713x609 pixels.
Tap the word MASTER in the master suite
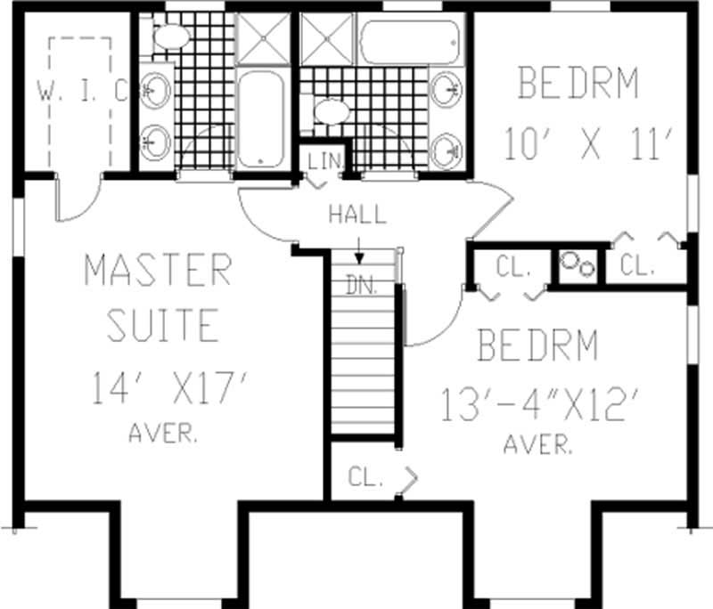pos(158,270)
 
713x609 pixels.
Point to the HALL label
pos(357,215)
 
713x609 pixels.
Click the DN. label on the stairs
pos(362,287)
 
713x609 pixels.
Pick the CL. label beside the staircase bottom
pos(365,477)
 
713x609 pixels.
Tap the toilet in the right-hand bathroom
pos(332,112)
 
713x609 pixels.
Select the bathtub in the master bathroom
pos(260,119)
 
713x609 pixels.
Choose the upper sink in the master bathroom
pos(156,91)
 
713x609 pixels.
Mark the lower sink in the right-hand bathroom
pos(446,150)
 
